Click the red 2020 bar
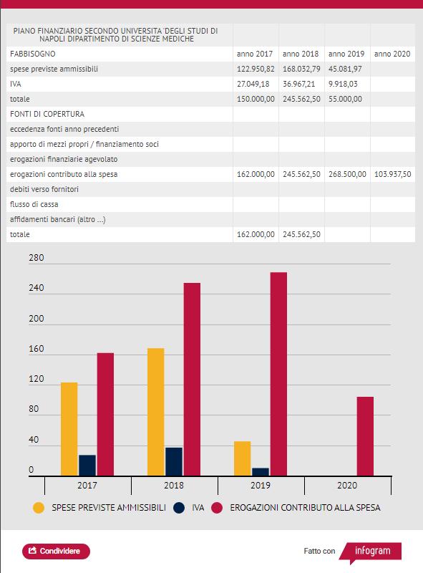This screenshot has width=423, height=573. click(365, 436)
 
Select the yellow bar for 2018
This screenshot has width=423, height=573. click(155, 412)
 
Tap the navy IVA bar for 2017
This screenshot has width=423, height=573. click(87, 465)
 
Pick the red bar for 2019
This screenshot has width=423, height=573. click(278, 374)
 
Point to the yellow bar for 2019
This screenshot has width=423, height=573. click(242, 458)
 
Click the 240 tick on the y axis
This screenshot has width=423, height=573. click(37, 288)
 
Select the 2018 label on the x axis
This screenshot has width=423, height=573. click(174, 486)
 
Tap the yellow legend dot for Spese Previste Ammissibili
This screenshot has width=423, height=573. click(39, 508)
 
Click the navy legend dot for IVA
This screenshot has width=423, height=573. click(179, 508)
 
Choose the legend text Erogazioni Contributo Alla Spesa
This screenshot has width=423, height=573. click(305, 508)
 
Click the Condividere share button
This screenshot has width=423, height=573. click(56, 551)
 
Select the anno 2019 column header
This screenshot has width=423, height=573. click(346, 54)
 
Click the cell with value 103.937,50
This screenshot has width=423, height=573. click(393, 174)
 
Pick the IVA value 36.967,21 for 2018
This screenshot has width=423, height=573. click(298, 84)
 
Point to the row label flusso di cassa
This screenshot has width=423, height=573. click(34, 204)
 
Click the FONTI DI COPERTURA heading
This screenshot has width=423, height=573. click(47, 114)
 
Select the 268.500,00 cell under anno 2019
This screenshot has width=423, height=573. click(347, 174)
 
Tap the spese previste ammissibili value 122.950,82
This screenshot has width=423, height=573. click(256, 69)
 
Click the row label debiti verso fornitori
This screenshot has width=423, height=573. click(44, 189)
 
